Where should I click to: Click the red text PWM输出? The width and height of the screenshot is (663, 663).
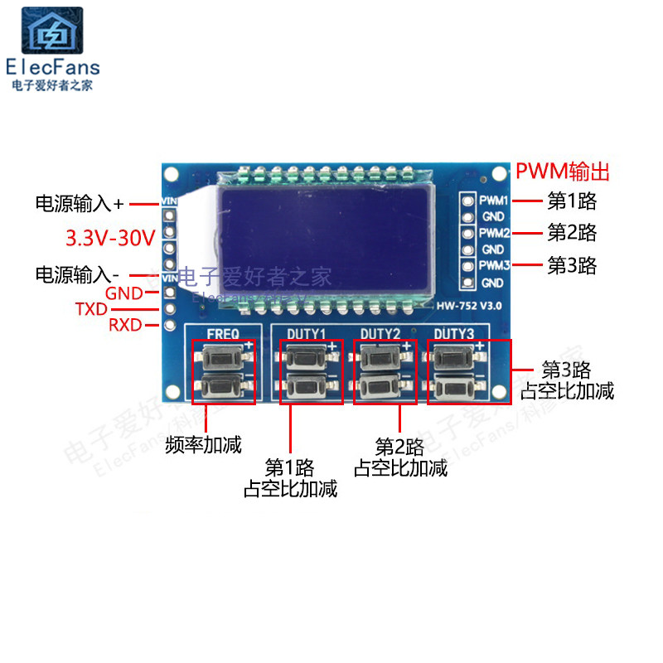point(563,172)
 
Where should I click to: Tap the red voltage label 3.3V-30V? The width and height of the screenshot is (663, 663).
point(110,240)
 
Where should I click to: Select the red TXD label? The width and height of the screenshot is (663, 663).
point(91,308)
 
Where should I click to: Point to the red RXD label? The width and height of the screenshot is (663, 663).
point(125,325)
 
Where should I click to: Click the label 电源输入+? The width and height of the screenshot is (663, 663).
point(79,203)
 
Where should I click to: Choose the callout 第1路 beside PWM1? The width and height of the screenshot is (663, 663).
point(572,201)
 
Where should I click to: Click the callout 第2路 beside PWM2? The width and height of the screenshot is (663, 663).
point(572,233)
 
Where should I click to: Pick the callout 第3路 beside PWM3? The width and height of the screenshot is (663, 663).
point(572,266)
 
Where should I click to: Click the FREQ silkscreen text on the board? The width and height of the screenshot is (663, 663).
point(223,334)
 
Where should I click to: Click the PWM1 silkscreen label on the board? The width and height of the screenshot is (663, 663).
point(494,201)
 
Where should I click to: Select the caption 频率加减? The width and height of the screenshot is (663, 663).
point(203,445)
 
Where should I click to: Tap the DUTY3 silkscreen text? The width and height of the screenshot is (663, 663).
point(454,334)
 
